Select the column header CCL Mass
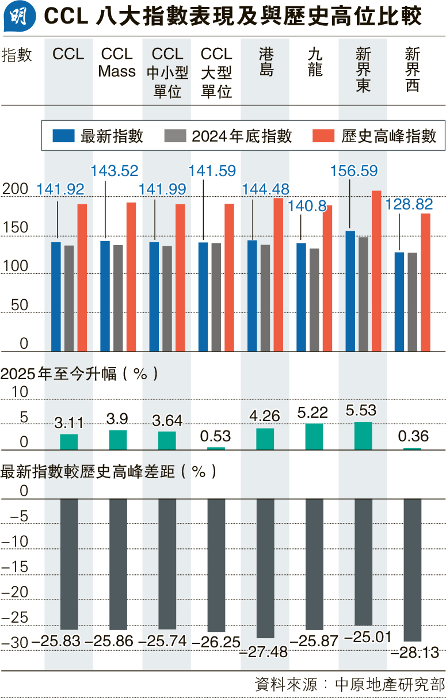click(x=117, y=63)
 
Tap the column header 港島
click(x=266, y=63)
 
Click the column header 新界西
click(x=413, y=70)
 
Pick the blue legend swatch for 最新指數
click(x=63, y=136)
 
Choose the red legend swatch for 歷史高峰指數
click(x=323, y=136)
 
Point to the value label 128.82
click(x=409, y=204)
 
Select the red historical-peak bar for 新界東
click(x=376, y=270)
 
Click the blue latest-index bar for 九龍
click(x=302, y=297)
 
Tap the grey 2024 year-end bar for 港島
click(x=265, y=297)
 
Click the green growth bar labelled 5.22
click(x=314, y=436)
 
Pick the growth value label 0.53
click(x=216, y=436)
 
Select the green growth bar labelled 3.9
click(x=118, y=440)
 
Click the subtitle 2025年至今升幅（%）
click(x=79, y=373)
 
